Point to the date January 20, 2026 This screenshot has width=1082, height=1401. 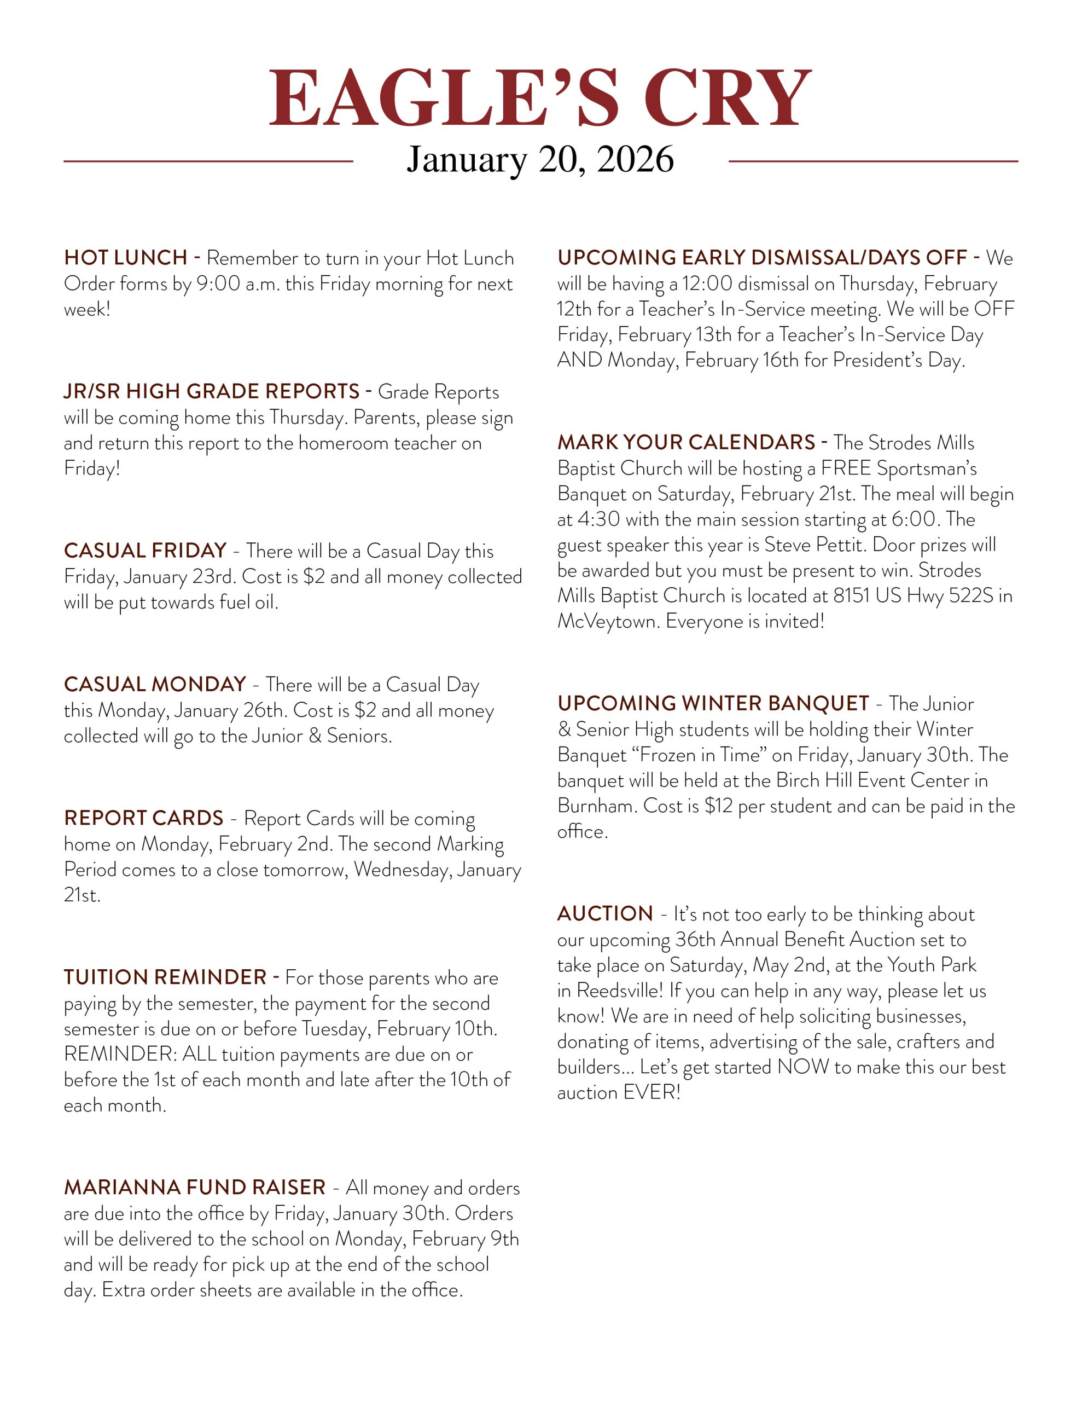click(540, 159)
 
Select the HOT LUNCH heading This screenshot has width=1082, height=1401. click(126, 258)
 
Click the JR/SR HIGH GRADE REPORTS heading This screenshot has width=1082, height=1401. click(212, 391)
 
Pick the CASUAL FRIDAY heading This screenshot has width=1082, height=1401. click(146, 551)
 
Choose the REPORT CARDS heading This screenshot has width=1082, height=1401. click(144, 818)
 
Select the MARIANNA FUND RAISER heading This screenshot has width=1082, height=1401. click(195, 1188)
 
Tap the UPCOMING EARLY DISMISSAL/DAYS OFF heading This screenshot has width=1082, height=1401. click(762, 258)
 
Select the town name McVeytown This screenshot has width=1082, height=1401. click(607, 621)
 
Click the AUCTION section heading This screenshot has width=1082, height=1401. click(605, 913)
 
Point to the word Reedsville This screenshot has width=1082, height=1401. click(618, 991)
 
